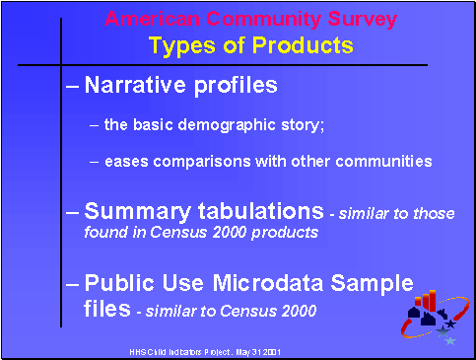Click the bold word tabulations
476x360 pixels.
(255, 211)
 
